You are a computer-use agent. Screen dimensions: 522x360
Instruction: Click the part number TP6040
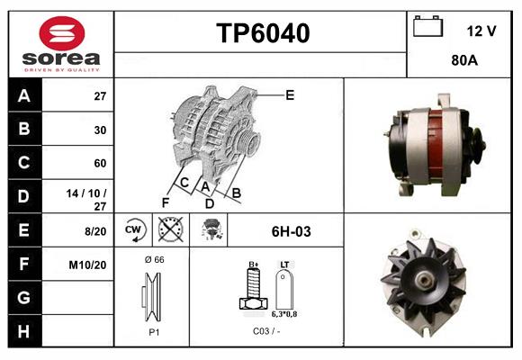(263, 33)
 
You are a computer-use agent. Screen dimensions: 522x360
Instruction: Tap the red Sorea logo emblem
(62, 33)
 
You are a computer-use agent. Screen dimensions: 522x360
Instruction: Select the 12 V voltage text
(481, 31)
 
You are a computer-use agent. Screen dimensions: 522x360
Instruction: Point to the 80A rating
(464, 60)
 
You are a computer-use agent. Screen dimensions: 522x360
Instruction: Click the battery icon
(427, 26)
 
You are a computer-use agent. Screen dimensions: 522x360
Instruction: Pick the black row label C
(24, 163)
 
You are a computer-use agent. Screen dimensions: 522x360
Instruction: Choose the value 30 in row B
(100, 130)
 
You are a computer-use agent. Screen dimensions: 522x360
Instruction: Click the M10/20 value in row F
(87, 265)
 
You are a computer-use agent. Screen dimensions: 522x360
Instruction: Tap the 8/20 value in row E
(95, 231)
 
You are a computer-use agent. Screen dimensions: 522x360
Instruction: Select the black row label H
(24, 331)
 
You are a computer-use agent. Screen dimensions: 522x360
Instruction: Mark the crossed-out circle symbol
(170, 229)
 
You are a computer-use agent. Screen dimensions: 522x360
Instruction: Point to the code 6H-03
(292, 231)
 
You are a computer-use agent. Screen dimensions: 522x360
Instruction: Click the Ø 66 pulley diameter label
(155, 259)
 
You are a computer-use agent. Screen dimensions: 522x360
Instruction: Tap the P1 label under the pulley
(154, 332)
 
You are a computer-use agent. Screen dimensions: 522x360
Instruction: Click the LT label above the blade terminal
(284, 265)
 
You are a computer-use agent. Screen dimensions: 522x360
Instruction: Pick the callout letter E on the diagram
(290, 95)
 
